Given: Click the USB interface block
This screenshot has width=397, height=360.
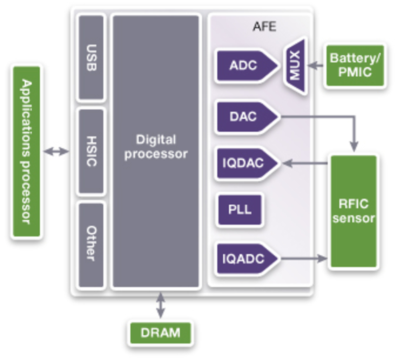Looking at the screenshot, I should click(x=91, y=58).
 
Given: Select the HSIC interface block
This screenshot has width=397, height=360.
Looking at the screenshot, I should click(x=91, y=151).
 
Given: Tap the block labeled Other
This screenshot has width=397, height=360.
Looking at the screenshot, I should click(x=91, y=244).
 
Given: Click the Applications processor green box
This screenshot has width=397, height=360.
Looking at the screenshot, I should click(x=27, y=151).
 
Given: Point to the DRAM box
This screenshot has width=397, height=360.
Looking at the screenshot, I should click(x=160, y=333).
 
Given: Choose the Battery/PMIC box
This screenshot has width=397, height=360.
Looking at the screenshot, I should click(x=355, y=65).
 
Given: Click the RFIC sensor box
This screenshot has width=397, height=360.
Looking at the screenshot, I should click(x=354, y=211).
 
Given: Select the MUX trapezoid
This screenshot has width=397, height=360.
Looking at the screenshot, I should click(x=295, y=66).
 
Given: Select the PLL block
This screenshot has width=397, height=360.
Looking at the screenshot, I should click(x=240, y=209).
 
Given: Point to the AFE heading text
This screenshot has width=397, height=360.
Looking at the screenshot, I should click(x=264, y=27).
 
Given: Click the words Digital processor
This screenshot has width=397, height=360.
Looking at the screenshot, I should click(x=156, y=147).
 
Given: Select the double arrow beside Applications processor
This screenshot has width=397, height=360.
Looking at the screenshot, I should click(x=56, y=151).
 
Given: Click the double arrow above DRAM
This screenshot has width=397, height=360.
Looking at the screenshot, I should click(x=160, y=306).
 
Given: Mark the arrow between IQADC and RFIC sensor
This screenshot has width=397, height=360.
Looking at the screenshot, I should click(x=304, y=258).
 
